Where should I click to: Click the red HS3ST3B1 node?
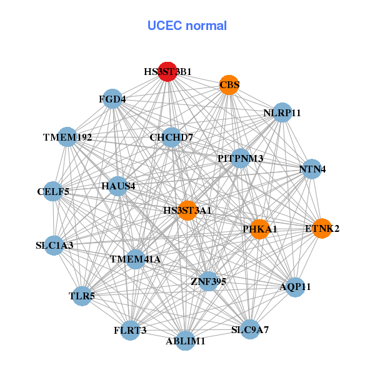(x=167, y=72)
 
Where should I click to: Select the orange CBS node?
(x=229, y=85)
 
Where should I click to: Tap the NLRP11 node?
(x=282, y=112)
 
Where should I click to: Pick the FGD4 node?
(x=112, y=99)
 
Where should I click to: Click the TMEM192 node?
(x=67, y=137)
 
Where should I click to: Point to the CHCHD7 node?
(x=171, y=137)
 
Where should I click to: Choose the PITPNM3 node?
(x=241, y=158)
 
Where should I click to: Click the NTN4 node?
(x=312, y=169)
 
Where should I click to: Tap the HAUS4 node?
(x=118, y=186)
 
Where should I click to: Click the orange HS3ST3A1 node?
(x=187, y=210)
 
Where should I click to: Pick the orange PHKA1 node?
(x=260, y=229)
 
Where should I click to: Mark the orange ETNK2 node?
(x=322, y=229)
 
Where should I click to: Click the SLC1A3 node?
(x=54, y=245)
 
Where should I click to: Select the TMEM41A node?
(x=136, y=259)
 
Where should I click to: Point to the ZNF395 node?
(x=208, y=282)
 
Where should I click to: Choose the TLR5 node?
(x=82, y=296)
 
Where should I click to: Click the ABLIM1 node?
(x=186, y=341)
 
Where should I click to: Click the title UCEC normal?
(x=187, y=26)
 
